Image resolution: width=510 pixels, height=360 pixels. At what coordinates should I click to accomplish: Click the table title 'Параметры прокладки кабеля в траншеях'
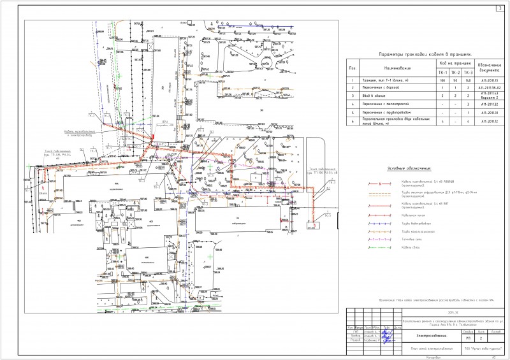424,55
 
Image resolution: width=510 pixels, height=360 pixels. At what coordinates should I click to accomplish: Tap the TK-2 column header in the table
455,72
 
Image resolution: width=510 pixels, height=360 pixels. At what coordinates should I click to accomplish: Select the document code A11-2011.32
489,103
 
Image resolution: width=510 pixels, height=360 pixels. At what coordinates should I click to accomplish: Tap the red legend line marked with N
379,184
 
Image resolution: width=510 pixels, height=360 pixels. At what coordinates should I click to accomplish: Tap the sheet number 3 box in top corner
500,7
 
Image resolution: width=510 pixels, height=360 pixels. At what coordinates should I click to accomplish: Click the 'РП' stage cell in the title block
468,338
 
